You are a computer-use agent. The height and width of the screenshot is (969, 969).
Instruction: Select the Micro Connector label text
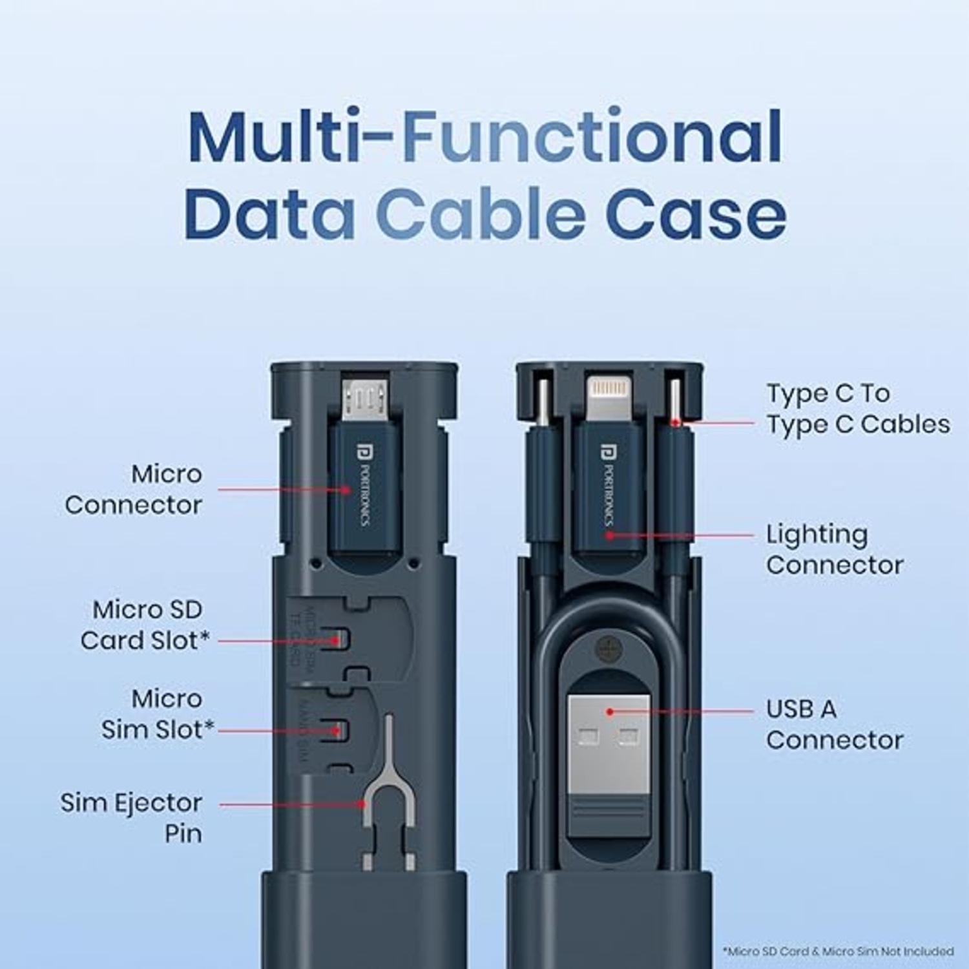[134, 490]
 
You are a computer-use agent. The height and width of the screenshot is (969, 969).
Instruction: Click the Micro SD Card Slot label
[145, 625]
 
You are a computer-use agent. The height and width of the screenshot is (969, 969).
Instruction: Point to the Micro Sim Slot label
[158, 714]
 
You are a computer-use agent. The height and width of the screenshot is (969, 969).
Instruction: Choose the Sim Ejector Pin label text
[132, 818]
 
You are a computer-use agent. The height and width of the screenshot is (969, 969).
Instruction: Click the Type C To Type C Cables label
[858, 408]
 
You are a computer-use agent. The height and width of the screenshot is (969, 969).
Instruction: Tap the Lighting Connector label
[835, 550]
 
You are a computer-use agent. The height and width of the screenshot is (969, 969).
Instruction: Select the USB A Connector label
[835, 725]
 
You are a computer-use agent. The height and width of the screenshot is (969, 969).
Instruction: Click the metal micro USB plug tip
[366, 398]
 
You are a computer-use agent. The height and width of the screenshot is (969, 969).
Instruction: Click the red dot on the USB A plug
[609, 712]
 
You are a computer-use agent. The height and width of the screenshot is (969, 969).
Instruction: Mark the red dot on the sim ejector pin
[363, 805]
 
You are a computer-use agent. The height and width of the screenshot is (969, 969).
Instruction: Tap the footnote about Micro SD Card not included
[838, 951]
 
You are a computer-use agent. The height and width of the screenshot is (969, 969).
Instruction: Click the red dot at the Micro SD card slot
[336, 641]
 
